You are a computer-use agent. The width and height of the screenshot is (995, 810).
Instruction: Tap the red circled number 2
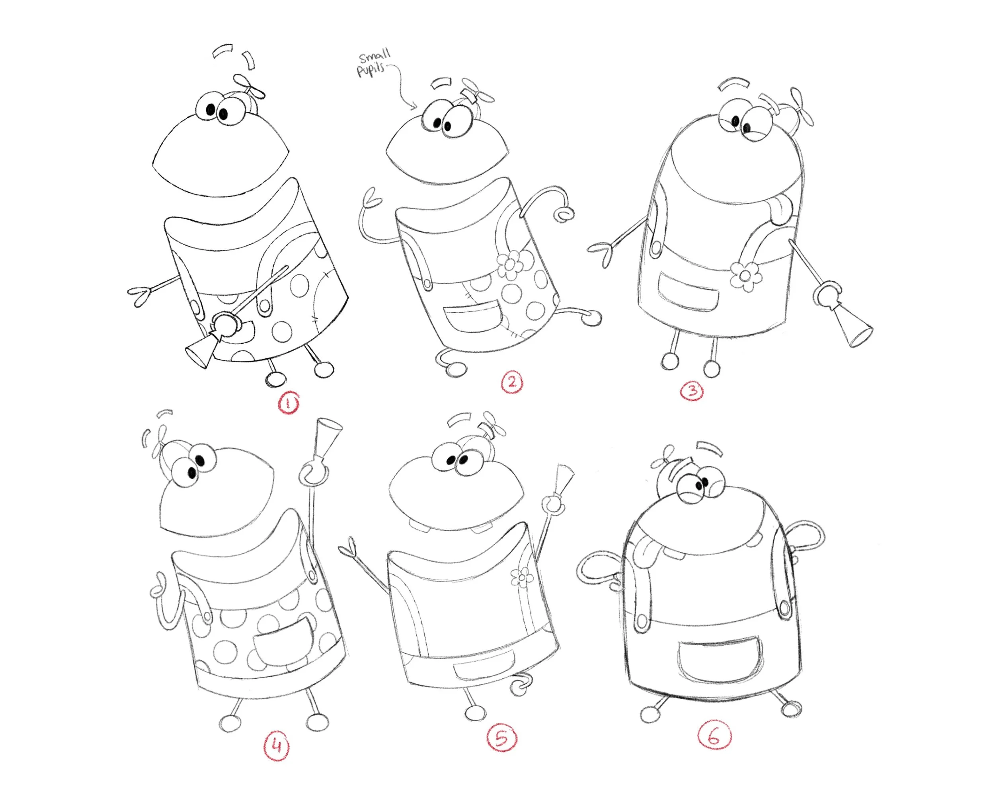pos(512,383)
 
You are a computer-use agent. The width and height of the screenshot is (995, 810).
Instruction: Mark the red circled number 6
pos(714,736)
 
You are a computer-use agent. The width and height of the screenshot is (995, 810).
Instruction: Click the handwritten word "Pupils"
pos(371,70)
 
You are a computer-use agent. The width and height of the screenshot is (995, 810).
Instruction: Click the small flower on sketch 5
pos(522,577)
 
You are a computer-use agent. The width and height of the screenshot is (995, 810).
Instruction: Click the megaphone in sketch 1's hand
pos(202,351)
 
